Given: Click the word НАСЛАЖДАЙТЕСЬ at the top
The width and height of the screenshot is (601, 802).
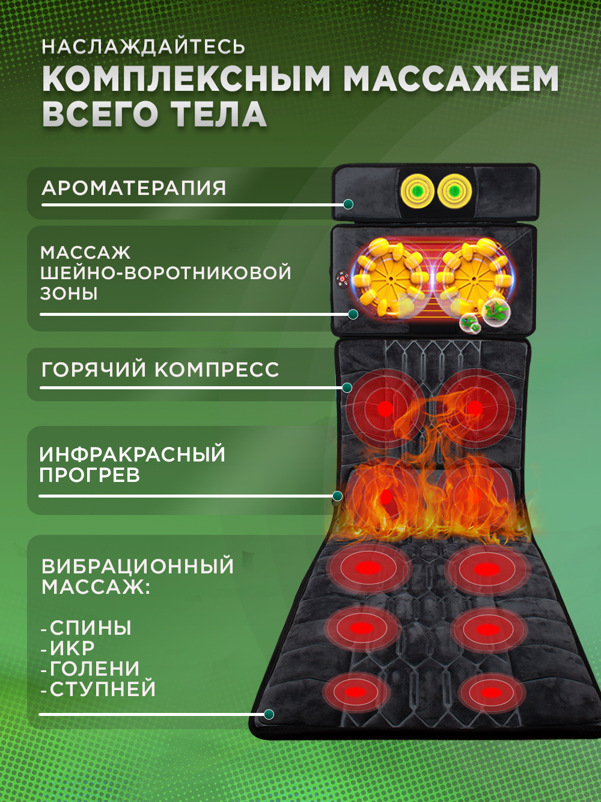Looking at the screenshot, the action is pos(144,47).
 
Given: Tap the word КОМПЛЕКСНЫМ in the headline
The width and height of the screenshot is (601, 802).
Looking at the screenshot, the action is pos(187,79).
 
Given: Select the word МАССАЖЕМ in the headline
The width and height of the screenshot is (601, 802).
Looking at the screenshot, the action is pos(451,79).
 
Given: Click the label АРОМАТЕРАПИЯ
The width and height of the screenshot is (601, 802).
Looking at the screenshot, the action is pos(134,188).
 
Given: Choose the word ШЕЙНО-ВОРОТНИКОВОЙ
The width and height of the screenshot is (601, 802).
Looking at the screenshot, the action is pos(166,273).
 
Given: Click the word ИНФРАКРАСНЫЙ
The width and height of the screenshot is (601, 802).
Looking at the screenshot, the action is pos(132,454).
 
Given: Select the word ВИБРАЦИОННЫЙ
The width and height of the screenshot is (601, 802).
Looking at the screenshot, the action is pos(138,566).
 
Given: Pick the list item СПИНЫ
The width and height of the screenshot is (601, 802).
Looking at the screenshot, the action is pos(90,628).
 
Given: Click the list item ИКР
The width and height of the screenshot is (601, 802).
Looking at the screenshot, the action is pos(72,649).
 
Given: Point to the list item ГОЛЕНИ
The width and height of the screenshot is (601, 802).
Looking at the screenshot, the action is pos(94,669).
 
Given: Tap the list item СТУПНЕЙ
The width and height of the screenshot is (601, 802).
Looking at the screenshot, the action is pos(102,689).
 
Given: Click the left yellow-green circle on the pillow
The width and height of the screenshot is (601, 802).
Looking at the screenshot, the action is pos(418,191).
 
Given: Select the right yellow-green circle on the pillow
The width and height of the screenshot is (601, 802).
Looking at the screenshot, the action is pos(455,191).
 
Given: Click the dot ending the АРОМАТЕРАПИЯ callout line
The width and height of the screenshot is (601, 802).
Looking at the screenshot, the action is pos(348,205).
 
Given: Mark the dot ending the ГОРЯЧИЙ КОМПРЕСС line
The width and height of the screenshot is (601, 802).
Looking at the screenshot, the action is pos(347,388).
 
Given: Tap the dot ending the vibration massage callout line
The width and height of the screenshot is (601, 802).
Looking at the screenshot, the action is pos(269,714).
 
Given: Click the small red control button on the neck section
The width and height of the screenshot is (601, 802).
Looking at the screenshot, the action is pos(342,279).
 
